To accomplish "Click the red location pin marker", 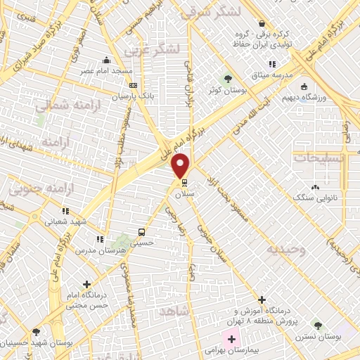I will (x=181, y=165).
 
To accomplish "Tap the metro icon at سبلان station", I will (x=185, y=185).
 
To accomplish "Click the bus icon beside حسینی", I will (x=143, y=231).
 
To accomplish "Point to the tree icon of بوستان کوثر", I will (x=227, y=77).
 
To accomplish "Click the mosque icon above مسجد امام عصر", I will (x=106, y=60).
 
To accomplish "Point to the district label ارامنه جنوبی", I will (x=36, y=189).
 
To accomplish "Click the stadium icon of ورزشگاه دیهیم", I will (x=304, y=88).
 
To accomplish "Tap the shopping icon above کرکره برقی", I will (x=262, y=23).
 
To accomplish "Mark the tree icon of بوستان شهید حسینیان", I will (x=36, y=332).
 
